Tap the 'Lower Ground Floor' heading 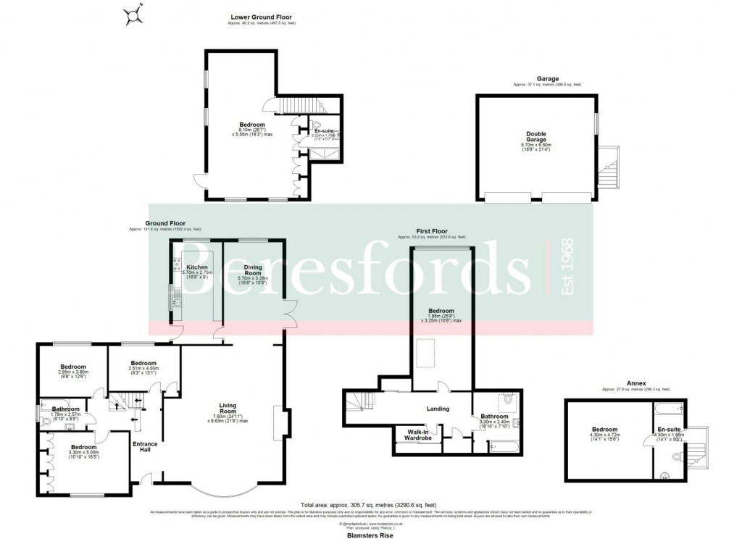(262, 17)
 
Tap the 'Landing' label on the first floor (438, 409)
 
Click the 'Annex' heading (636, 382)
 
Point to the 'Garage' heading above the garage (547, 78)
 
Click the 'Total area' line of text (369, 504)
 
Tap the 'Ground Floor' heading (165, 223)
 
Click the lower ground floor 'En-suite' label (322, 130)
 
